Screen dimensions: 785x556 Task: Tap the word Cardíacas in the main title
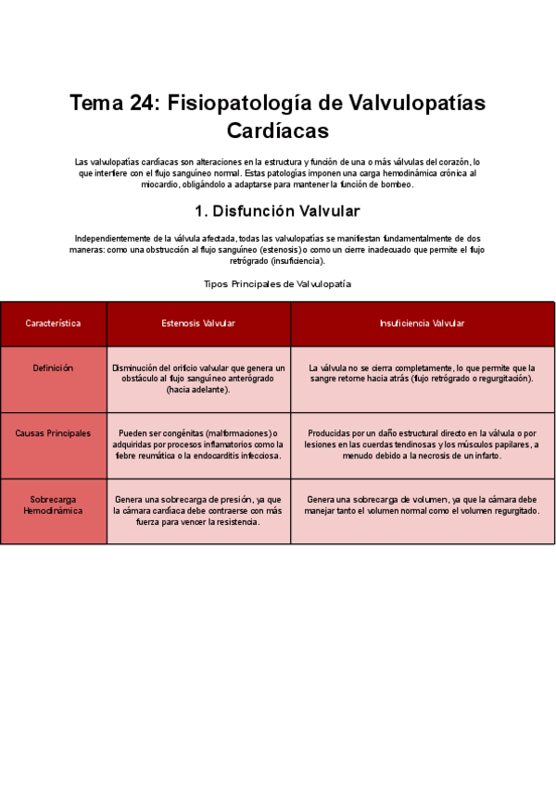pyautogui.click(x=277, y=131)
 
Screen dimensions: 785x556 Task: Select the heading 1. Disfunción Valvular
pyautogui.click(x=277, y=211)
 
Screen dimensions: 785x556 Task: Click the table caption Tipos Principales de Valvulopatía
pyautogui.click(x=277, y=284)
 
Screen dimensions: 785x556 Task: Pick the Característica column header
pyautogui.click(x=53, y=324)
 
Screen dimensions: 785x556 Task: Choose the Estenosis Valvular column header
pyautogui.click(x=198, y=324)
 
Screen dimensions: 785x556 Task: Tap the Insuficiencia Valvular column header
pyautogui.click(x=422, y=324)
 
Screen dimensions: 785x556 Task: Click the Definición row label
pyautogui.click(x=53, y=368)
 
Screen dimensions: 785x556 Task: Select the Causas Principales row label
pyautogui.click(x=53, y=433)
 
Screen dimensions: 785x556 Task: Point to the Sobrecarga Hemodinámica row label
pyautogui.click(x=53, y=505)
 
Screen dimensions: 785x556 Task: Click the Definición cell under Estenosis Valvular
pyautogui.click(x=198, y=379)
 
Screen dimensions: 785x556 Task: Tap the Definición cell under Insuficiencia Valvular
pyautogui.click(x=422, y=373)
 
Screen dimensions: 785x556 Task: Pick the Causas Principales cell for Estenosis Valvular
pyautogui.click(x=198, y=444)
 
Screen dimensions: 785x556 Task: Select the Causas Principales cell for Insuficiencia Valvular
pyautogui.click(x=422, y=444)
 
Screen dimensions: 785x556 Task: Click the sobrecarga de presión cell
pyautogui.click(x=198, y=510)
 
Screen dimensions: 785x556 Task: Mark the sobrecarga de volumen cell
pyautogui.click(x=422, y=505)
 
